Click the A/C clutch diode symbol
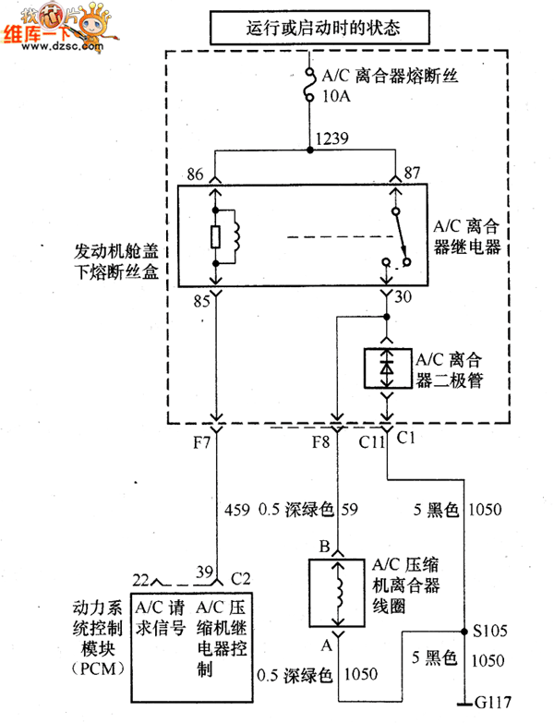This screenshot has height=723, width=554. coord(387,367)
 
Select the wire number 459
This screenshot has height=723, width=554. coord(238,509)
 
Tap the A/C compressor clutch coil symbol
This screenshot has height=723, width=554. coord(341,592)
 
